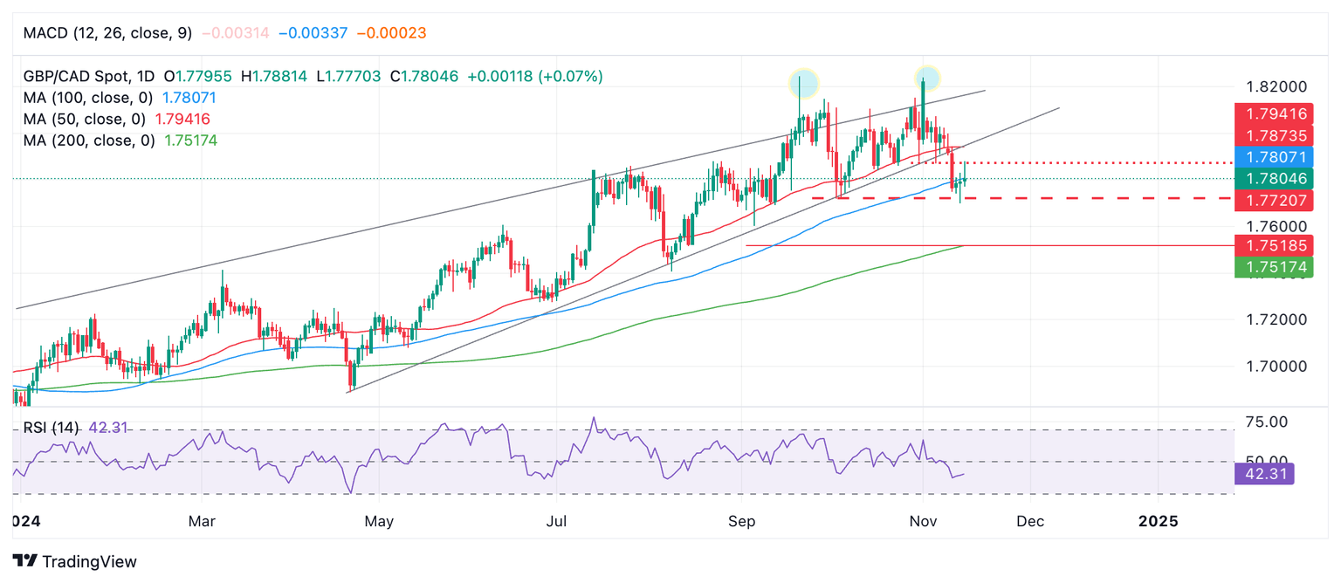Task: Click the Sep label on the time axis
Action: click(741, 521)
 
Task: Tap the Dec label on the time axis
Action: click(1030, 521)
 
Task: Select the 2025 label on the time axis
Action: click(1158, 521)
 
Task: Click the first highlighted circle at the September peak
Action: click(803, 83)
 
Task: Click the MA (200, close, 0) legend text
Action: click(89, 140)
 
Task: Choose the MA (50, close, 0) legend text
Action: click(85, 119)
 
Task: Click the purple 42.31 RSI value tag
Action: click(1264, 474)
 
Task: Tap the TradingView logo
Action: click(75, 561)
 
